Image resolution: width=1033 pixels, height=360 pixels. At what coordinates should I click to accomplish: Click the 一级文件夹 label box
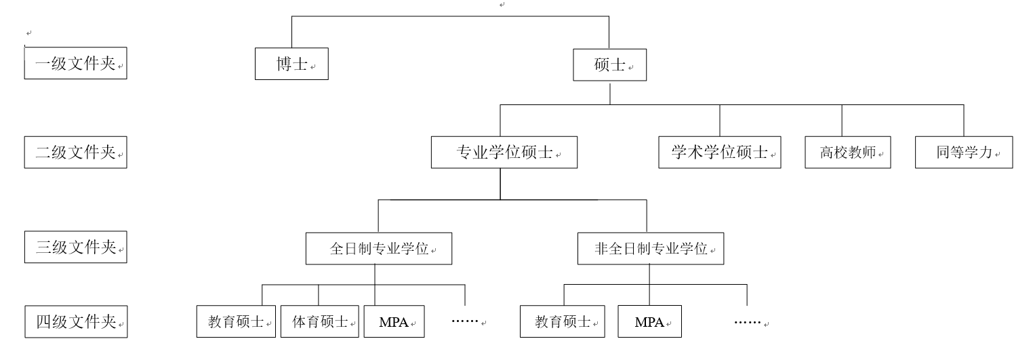75,64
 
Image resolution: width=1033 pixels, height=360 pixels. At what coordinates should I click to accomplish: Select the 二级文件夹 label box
75,153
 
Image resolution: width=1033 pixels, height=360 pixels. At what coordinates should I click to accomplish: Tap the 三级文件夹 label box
75,247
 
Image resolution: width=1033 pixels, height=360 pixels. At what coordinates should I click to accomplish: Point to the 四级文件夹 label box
75,321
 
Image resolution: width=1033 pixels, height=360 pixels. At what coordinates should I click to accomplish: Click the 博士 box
291,64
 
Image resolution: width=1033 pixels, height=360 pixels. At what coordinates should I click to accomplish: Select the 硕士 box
609,65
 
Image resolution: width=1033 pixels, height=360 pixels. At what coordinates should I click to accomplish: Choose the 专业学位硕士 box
504,153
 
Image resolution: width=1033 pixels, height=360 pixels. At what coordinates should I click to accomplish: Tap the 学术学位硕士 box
719,153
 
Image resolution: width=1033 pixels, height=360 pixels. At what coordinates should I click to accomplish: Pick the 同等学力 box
963,153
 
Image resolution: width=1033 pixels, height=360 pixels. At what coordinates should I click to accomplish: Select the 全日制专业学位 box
378,248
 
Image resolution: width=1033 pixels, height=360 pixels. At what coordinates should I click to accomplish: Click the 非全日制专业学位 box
650,248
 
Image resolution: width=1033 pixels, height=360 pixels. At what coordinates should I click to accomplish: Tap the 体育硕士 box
319,321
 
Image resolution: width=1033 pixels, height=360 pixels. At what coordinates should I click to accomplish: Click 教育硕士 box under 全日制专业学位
236,321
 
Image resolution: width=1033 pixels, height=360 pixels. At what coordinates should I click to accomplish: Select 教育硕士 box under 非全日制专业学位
562,321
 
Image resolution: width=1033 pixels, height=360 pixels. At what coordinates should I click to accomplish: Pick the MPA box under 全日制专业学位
394,321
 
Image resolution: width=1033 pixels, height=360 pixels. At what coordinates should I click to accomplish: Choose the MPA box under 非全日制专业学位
649,321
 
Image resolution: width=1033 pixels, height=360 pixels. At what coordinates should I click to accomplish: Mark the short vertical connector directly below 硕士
610,94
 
